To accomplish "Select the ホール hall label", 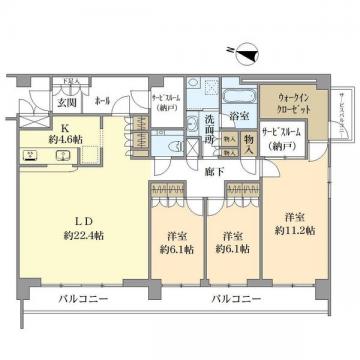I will coord(101,101).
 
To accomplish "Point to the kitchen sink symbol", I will coord(61,155).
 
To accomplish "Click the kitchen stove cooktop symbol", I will coord(31,155).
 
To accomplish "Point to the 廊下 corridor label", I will coord(213,171).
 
